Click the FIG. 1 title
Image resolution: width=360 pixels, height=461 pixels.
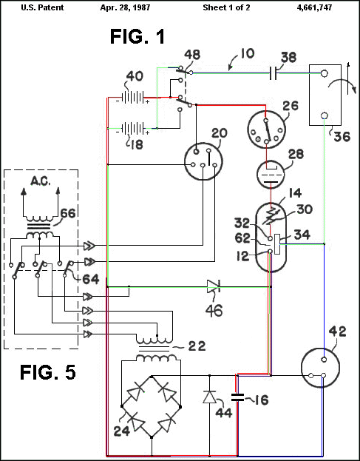coord(137,37)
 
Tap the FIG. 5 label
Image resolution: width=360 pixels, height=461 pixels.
coord(48,372)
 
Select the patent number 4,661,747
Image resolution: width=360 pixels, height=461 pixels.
coord(314,7)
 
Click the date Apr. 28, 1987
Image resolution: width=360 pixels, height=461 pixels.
coord(125,7)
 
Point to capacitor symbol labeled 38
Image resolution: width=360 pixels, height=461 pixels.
coord(274,73)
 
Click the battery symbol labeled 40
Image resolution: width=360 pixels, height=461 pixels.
coord(133,97)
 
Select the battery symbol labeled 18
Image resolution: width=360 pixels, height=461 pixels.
coord(133,129)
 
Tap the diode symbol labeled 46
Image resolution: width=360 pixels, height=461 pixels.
coord(212,286)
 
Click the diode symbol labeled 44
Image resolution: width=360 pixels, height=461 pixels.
coord(209,397)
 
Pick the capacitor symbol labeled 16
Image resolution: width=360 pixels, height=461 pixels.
coord(237,397)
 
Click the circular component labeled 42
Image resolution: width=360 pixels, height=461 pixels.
coord(320,368)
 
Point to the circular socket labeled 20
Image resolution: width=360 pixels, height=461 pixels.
coord(203,161)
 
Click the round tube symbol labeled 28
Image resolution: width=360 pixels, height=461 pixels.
coord(270,173)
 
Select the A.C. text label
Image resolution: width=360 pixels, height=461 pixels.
coord(41,181)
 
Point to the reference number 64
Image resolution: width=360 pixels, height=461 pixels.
coord(90,279)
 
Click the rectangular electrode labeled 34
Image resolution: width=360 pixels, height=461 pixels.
coord(277,243)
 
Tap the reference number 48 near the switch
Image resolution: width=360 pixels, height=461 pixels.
coord(192,55)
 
